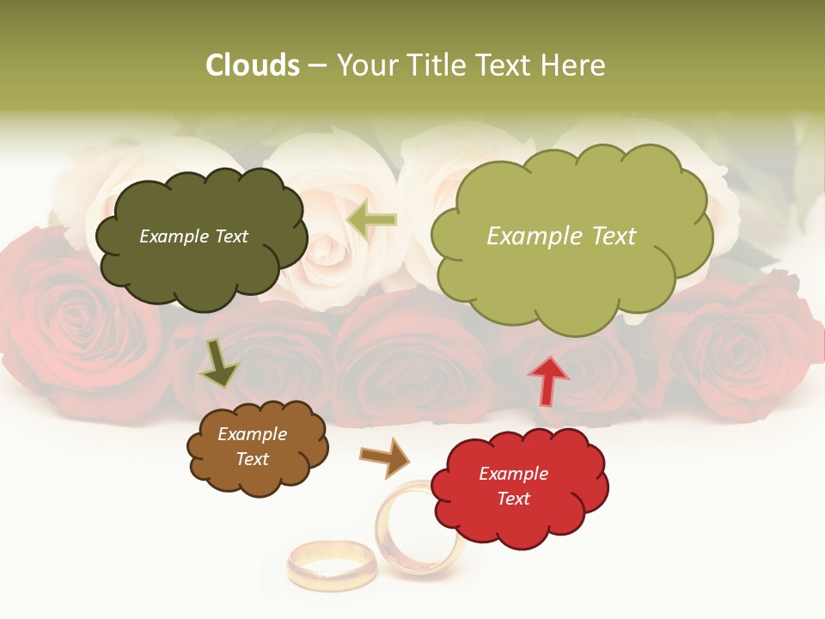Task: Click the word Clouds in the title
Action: [252, 65]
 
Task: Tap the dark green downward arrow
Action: [220, 363]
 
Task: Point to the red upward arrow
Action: [547, 380]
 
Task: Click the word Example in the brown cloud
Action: [252, 434]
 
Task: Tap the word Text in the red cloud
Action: [514, 499]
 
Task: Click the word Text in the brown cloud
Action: [253, 459]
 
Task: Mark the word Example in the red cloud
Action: [513, 474]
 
